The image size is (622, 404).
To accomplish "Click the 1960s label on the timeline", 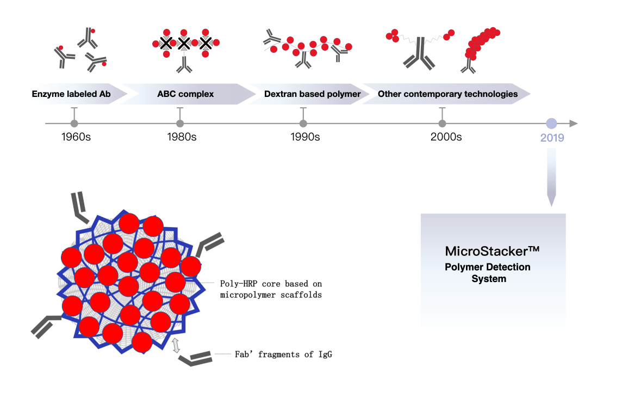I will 76,137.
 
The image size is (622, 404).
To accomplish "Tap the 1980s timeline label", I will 182,137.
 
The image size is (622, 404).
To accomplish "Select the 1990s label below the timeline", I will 305,137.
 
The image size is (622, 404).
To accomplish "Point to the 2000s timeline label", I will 446,137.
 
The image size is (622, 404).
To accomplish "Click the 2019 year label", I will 552,138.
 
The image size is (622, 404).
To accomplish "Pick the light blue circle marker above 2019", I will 551,124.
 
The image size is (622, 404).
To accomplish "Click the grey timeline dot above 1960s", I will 74,124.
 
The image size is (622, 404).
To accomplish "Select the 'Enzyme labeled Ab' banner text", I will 71,94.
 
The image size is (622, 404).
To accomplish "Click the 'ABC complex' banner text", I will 185,94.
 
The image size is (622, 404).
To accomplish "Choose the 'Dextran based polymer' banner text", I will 313,94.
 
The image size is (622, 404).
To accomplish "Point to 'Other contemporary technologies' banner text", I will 447,94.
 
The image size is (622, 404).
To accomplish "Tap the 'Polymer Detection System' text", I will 488,273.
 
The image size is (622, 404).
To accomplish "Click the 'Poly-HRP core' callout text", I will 271,289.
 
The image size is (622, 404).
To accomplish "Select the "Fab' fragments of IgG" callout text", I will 283,354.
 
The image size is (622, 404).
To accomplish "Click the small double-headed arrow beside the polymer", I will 176,345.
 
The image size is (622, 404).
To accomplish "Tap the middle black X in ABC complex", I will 184,43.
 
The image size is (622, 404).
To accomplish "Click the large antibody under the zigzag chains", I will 419,55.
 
